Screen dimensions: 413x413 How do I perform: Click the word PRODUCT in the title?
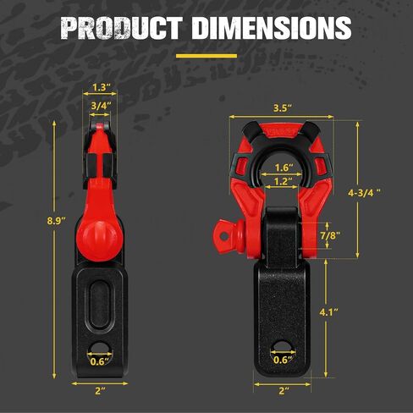121,28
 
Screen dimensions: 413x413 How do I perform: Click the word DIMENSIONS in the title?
271,28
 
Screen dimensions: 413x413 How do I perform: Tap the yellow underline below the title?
206,56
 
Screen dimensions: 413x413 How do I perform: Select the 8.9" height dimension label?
57,220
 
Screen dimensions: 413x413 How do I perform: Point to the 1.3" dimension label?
101,87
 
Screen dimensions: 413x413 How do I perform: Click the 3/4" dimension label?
101,106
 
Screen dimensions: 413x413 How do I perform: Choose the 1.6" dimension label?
284,168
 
